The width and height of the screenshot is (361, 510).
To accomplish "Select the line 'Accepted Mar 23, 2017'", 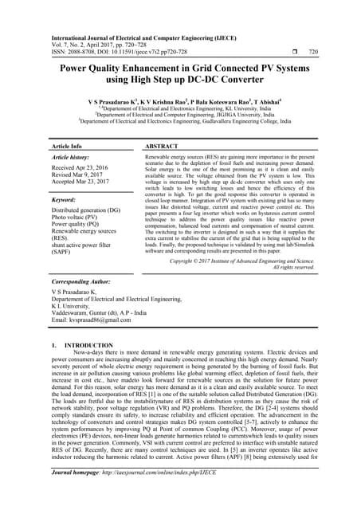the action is (x=81, y=183).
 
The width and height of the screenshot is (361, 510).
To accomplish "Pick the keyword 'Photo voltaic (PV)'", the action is (x=76, y=219).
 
